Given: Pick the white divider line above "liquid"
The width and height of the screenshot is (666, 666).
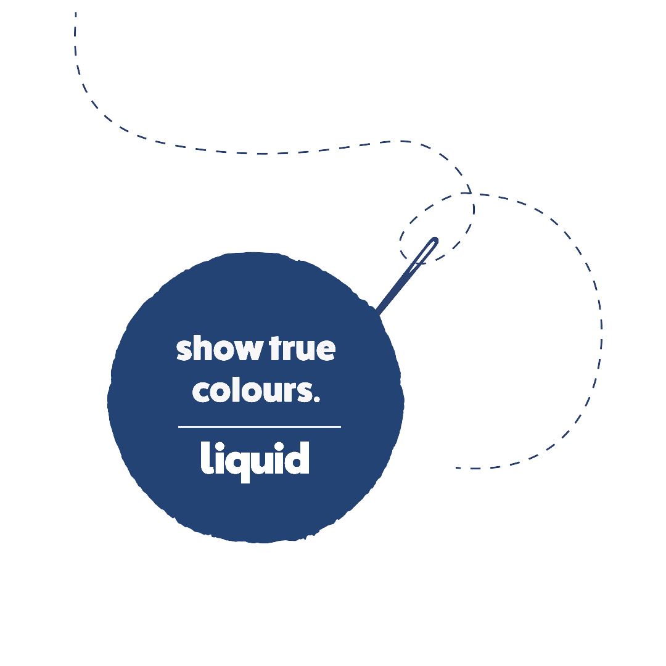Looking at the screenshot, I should pyautogui.click(x=259, y=426).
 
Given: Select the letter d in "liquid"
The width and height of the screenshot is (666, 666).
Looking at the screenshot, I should pyautogui.click(x=297, y=459).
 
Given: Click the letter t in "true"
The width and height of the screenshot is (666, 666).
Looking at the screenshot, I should pyautogui.click(x=275, y=349).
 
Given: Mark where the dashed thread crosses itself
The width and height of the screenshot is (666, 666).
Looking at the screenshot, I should pyautogui.click(x=471, y=194).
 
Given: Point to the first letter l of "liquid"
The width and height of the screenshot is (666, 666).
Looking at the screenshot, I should pyautogui.click(x=205, y=459).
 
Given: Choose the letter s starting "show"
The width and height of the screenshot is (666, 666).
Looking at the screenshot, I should pyautogui.click(x=184, y=350).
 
